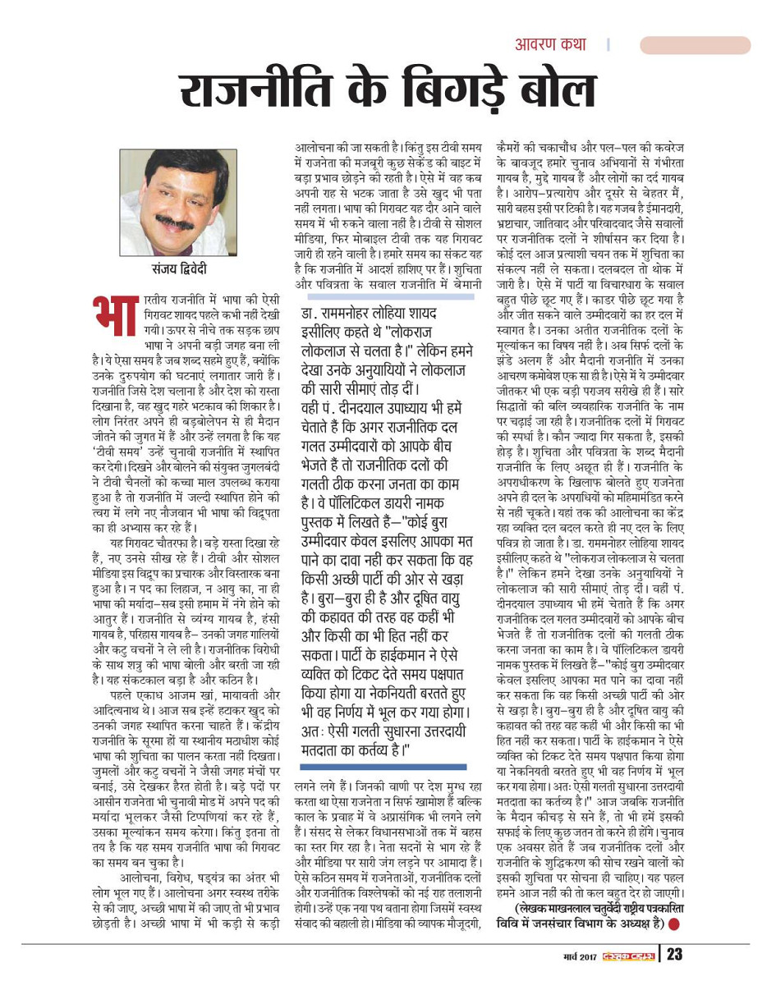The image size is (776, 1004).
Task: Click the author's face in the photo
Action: pos(172,197)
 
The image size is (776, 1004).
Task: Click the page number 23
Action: pos(674,954)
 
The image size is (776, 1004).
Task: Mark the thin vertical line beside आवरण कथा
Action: pos(608,45)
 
